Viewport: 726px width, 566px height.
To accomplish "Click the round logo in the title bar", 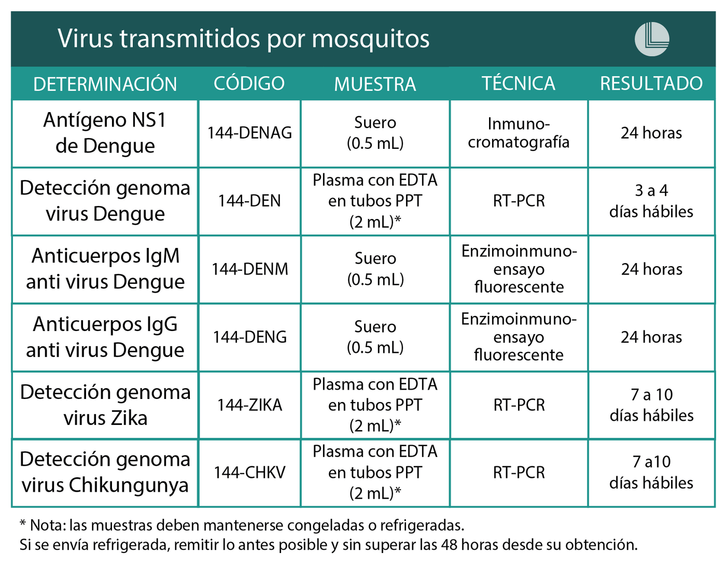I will (652, 39).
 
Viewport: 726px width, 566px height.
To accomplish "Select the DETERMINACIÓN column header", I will (105, 84).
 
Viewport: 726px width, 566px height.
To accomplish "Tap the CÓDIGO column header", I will (249, 84).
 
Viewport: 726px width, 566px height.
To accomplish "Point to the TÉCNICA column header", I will (518, 84).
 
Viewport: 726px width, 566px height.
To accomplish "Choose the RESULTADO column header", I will (651, 84).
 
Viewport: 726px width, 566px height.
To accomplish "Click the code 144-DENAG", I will (249, 133).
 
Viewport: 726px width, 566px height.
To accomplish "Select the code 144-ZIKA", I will (249, 405).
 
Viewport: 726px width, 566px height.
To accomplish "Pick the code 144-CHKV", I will (249, 473).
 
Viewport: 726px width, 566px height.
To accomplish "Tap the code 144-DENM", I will (249, 269).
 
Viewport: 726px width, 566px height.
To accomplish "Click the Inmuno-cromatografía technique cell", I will (519, 133).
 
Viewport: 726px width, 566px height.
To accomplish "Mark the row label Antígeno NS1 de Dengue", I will (105, 133).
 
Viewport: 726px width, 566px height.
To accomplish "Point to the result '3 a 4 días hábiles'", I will (651, 201).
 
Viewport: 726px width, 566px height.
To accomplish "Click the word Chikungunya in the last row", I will (129, 486).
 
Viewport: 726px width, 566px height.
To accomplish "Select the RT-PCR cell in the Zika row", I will (519, 405).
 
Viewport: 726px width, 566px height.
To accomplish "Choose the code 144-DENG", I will (249, 337).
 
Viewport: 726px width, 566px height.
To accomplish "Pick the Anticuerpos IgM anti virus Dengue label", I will (105, 269).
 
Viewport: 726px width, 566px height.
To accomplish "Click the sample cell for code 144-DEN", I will (375, 201).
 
